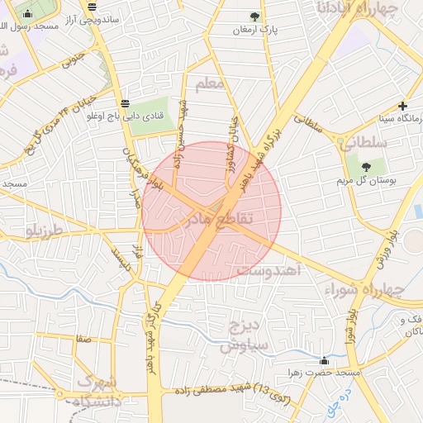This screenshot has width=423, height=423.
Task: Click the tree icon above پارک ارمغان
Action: click(254, 17)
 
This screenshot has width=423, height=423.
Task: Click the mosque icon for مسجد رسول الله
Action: click(28, 14)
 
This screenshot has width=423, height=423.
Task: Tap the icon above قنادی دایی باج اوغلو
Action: click(124, 103)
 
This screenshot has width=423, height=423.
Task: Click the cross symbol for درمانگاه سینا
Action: click(402, 106)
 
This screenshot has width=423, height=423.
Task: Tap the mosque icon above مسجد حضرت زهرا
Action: click(324, 360)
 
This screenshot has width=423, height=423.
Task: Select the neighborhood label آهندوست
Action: click(269, 270)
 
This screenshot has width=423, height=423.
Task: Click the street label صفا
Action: click(82, 339)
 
